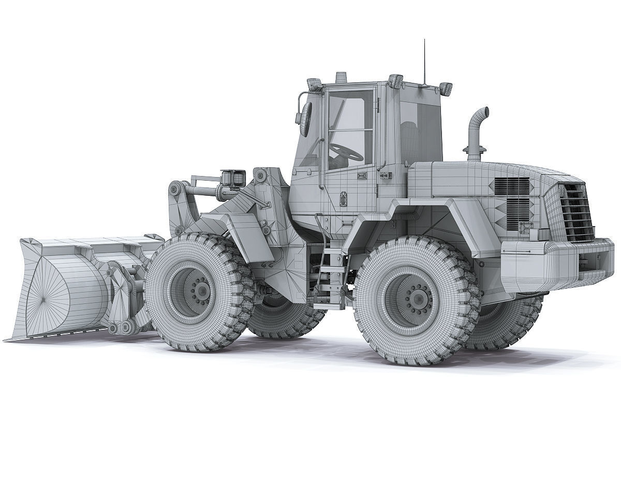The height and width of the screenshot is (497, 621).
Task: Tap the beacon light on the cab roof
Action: [x=340, y=77]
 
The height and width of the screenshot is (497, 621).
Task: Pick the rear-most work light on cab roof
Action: [x=445, y=87]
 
